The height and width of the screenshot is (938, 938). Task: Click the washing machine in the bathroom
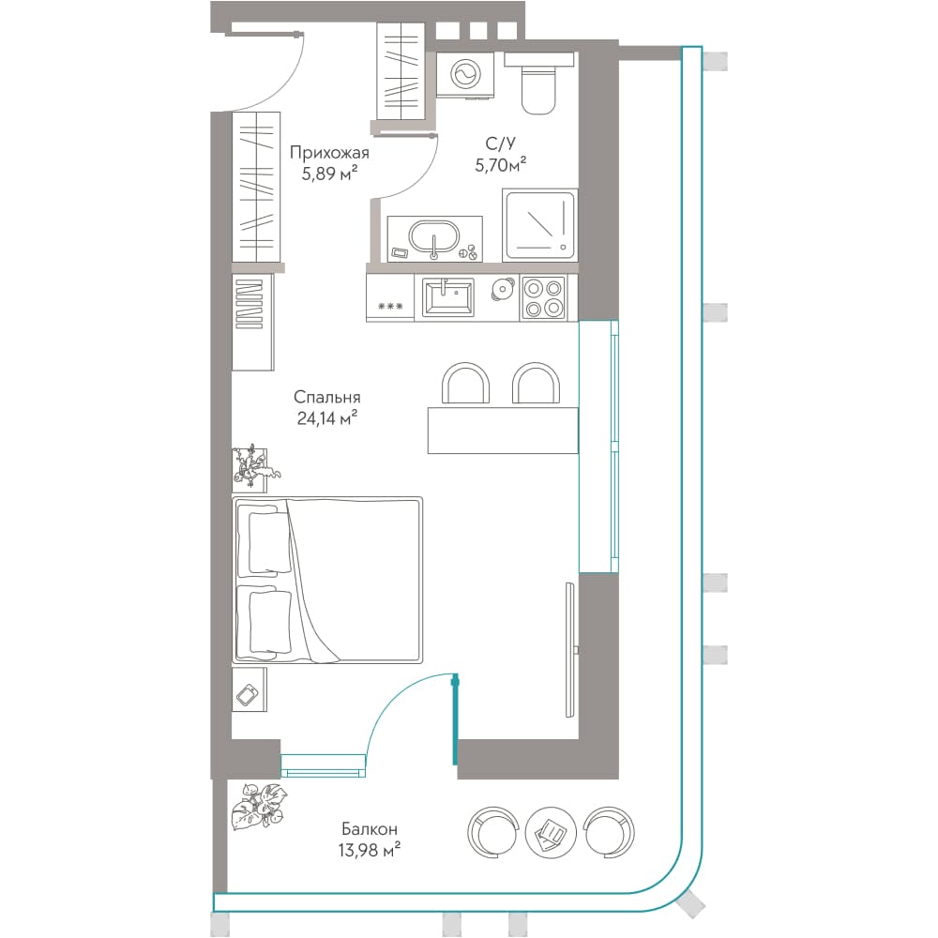(465, 74)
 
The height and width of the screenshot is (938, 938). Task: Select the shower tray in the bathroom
(539, 225)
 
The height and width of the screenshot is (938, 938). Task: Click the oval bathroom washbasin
(433, 238)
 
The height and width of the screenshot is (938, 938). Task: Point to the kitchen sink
(448, 297)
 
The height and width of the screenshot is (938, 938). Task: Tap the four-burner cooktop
(543, 297)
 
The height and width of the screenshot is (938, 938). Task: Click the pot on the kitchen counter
(502, 290)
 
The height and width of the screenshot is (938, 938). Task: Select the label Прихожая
(329, 153)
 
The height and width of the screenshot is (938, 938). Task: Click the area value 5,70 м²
(501, 164)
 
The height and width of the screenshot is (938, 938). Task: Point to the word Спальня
(326, 397)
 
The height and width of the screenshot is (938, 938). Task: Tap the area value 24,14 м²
(327, 418)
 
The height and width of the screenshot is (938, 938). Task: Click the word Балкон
(369, 829)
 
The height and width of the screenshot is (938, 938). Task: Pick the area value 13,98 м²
(369, 850)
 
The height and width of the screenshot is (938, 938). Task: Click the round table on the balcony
(551, 831)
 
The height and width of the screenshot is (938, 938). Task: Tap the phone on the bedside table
(248, 695)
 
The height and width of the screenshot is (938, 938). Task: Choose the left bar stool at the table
(465, 383)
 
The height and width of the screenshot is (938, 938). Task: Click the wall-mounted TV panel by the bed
(570, 649)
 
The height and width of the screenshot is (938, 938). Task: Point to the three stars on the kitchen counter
(390, 307)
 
